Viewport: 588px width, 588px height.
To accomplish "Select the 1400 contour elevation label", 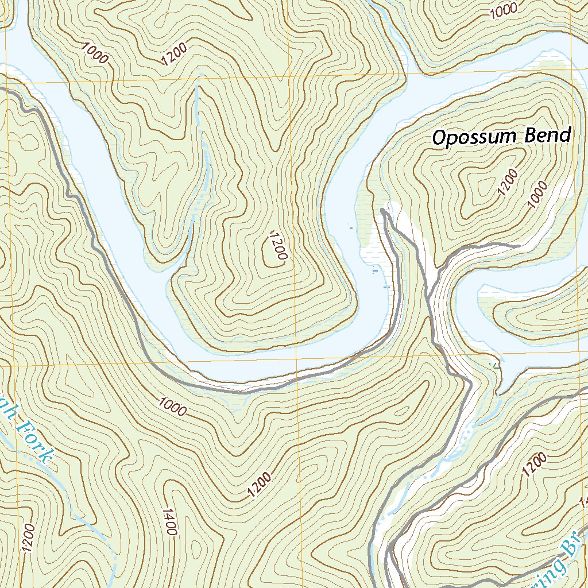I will pos(168,521).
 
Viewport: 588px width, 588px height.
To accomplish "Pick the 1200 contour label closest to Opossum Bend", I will pos(508,183).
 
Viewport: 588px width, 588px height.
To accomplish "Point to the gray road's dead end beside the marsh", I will pos(383,212).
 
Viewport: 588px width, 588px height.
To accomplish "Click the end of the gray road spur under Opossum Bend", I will pos(519,246).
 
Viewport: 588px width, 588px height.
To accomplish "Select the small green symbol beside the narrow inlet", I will pos(492,363).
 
